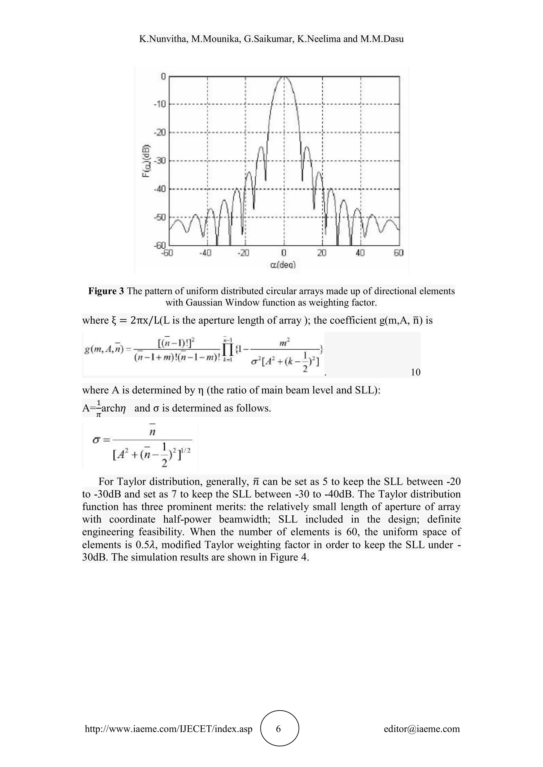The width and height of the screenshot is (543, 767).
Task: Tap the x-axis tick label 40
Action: pos(360,253)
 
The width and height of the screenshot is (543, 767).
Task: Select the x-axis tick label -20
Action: pos(243,253)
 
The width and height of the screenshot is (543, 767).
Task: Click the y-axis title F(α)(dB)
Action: pos(146,161)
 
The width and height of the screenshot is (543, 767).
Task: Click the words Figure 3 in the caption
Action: pos(106,291)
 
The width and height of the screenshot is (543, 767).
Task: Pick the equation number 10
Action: pos(415,372)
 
